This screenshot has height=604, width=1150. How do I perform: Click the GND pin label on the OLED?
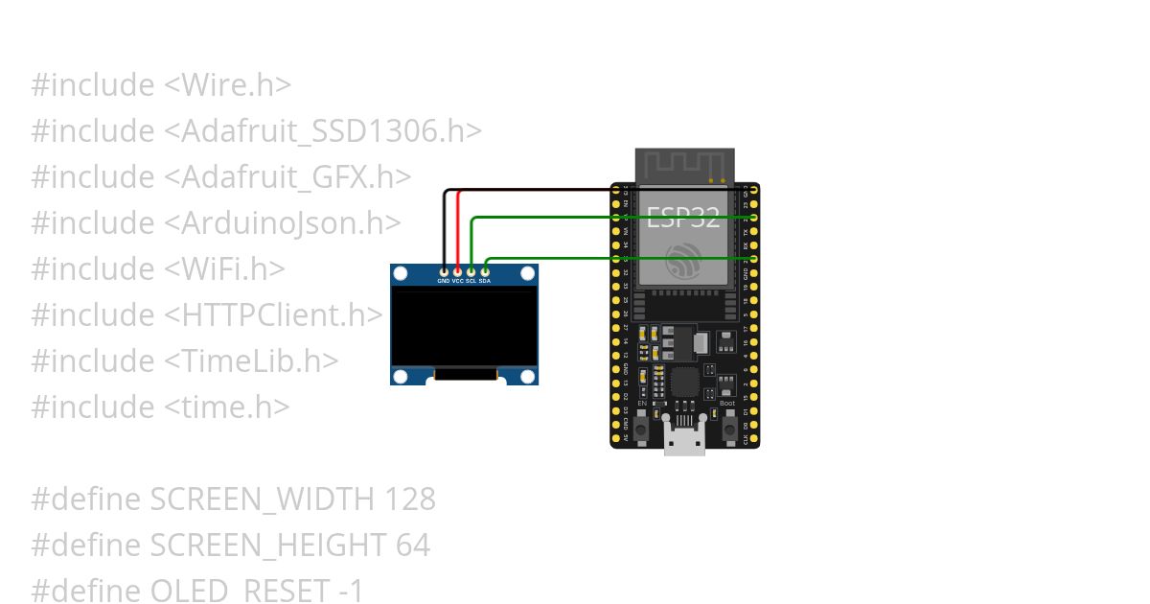point(444,281)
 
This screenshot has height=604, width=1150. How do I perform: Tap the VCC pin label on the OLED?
point(458,281)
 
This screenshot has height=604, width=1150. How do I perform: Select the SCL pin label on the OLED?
point(471,281)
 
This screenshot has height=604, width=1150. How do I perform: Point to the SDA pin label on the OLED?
point(486,281)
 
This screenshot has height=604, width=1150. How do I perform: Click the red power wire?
point(458,230)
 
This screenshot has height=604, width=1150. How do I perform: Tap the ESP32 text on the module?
point(682,218)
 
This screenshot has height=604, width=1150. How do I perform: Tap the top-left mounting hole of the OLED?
point(401,275)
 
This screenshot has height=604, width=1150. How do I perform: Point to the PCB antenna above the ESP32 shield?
point(684,165)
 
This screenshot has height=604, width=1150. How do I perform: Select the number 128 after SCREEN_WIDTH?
point(409,499)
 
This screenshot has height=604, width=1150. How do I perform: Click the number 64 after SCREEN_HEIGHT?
point(412,546)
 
